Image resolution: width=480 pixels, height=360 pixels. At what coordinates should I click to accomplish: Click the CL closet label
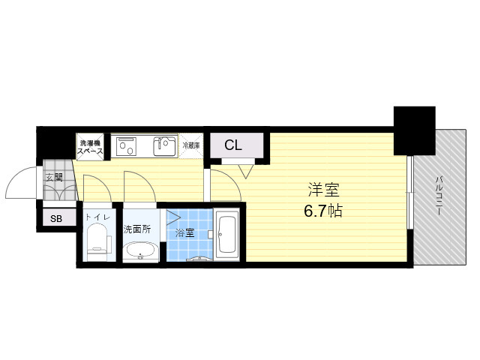click(x=233, y=145)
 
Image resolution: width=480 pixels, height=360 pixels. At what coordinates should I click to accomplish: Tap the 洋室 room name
click(x=323, y=190)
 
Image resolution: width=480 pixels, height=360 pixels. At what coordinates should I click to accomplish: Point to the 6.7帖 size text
click(x=323, y=211)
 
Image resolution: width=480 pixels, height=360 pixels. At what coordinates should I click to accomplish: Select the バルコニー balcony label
click(x=439, y=195)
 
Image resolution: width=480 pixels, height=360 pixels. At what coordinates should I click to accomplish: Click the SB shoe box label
click(x=56, y=219)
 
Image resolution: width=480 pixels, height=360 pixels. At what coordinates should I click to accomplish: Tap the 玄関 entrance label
click(x=54, y=177)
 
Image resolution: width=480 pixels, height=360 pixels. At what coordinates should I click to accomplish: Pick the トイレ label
click(x=97, y=217)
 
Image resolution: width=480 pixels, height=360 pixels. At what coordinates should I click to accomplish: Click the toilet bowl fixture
click(x=97, y=241)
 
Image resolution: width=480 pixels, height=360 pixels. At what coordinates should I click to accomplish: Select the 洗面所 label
click(x=136, y=229)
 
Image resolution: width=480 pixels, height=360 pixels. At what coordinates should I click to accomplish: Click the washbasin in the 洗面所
click(x=140, y=252)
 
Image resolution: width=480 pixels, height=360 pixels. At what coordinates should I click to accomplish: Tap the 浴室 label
click(x=184, y=233)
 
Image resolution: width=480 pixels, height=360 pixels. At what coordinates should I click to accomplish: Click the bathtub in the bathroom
click(x=226, y=235)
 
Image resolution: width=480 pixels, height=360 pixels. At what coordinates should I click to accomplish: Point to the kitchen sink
click(x=165, y=146)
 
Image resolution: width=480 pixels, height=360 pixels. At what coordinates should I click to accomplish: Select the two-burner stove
click(x=126, y=147)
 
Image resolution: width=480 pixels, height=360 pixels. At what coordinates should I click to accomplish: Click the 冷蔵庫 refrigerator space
click(x=191, y=146)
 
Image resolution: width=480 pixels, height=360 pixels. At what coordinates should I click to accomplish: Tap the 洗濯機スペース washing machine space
click(x=90, y=147)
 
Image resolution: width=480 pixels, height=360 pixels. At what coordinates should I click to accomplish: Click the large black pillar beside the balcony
click(x=415, y=130)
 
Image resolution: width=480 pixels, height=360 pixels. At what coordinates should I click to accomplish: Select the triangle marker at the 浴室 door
click(x=173, y=217)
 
